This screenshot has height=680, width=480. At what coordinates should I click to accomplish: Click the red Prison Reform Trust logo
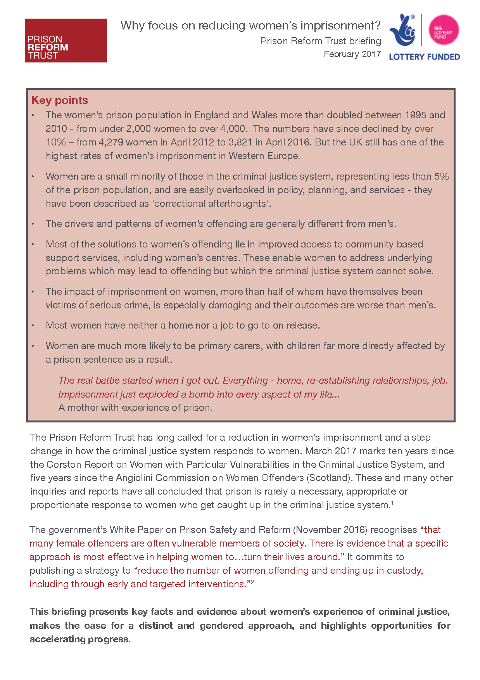66,40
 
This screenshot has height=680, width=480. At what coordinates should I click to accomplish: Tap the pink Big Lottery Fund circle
444,30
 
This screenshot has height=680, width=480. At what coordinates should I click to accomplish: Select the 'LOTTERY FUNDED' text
424,57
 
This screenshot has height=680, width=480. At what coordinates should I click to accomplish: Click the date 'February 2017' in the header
352,54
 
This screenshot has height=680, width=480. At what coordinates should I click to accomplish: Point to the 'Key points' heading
59,100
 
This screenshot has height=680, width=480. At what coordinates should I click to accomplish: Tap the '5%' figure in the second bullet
441,176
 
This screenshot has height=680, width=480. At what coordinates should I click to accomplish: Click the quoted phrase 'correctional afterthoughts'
211,204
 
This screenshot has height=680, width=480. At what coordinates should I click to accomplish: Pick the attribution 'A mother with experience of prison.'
135,408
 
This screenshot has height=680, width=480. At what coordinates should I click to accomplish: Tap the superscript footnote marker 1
392,503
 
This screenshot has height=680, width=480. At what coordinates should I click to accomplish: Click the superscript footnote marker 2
252,582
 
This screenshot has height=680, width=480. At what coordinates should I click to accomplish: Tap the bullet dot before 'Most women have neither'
33,325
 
